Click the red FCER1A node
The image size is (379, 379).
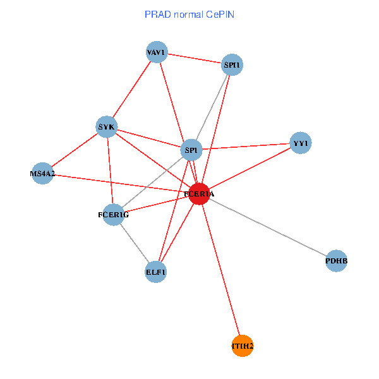click(x=199, y=194)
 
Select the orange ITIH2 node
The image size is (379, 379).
click(x=243, y=346)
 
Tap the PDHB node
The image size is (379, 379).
click(x=337, y=260)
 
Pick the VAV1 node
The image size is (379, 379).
click(x=156, y=52)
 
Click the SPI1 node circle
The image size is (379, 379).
click(x=232, y=64)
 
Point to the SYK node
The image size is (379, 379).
click(x=106, y=127)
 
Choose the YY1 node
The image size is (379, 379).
click(x=300, y=143)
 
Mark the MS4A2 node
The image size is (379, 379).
click(x=42, y=173)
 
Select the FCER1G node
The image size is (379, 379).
click(x=113, y=215)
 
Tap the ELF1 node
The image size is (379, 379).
click(x=155, y=272)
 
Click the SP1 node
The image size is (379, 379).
click(x=190, y=150)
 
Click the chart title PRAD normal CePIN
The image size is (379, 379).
click(x=189, y=14)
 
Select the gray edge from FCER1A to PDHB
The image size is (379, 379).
click(x=268, y=227)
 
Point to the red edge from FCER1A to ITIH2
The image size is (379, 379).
click(x=221, y=270)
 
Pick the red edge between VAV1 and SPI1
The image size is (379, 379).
click(x=194, y=58)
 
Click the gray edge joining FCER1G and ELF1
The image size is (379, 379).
click(x=134, y=243)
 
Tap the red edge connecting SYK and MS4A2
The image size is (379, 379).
click(x=75, y=150)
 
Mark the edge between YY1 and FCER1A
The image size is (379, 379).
click(x=250, y=169)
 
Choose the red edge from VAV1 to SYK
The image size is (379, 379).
click(x=131, y=90)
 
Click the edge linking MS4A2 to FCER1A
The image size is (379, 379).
click(x=120, y=183)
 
